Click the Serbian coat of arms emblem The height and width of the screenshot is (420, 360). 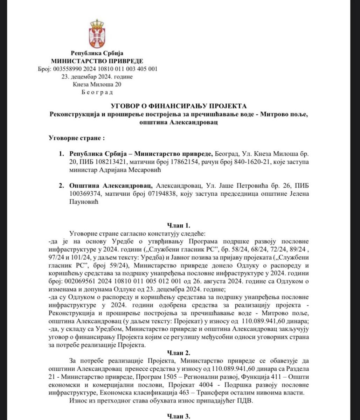(97, 34)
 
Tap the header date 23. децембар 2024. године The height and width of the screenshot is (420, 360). (97, 77)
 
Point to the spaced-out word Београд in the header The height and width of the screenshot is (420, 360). (97, 92)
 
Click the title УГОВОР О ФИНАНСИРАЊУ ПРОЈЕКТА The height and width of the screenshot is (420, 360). (179, 106)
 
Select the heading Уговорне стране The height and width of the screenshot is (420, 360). (76, 138)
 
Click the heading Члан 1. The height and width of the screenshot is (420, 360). (179, 226)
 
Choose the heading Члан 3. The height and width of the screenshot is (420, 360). (179, 416)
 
